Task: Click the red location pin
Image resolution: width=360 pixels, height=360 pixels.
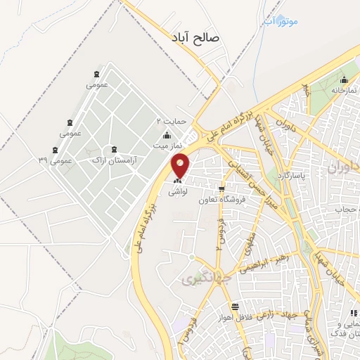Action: tap(181, 165)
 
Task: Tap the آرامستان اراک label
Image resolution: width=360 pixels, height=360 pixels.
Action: tap(114, 160)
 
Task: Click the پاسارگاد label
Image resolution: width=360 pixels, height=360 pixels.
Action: tap(289, 174)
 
